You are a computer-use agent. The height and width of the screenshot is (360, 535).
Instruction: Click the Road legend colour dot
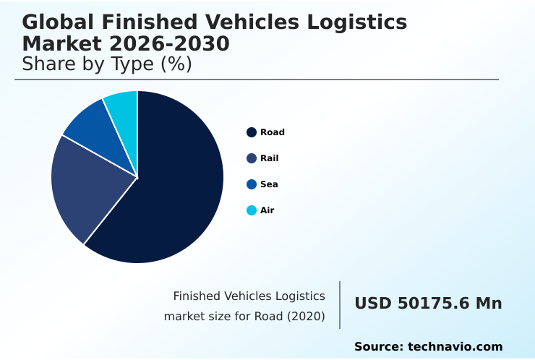[252, 132]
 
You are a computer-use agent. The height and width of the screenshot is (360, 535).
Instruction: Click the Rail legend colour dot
[252, 158]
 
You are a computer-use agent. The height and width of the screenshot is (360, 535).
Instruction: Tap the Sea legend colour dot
[252, 184]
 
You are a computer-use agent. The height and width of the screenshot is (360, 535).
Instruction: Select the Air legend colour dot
[252, 210]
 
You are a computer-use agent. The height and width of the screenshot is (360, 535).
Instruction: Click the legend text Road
[273, 132]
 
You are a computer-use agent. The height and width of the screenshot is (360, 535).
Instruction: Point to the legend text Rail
[269, 158]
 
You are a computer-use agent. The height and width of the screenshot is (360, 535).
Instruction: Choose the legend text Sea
[269, 184]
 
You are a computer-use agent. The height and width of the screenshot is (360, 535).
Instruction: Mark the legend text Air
[267, 210]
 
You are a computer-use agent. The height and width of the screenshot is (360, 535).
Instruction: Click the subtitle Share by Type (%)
[107, 64]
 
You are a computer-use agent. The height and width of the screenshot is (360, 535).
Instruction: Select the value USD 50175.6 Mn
[428, 304]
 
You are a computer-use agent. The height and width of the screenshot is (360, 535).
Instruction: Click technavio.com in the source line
[455, 347]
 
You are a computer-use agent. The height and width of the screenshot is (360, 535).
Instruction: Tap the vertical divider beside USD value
[340, 305]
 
